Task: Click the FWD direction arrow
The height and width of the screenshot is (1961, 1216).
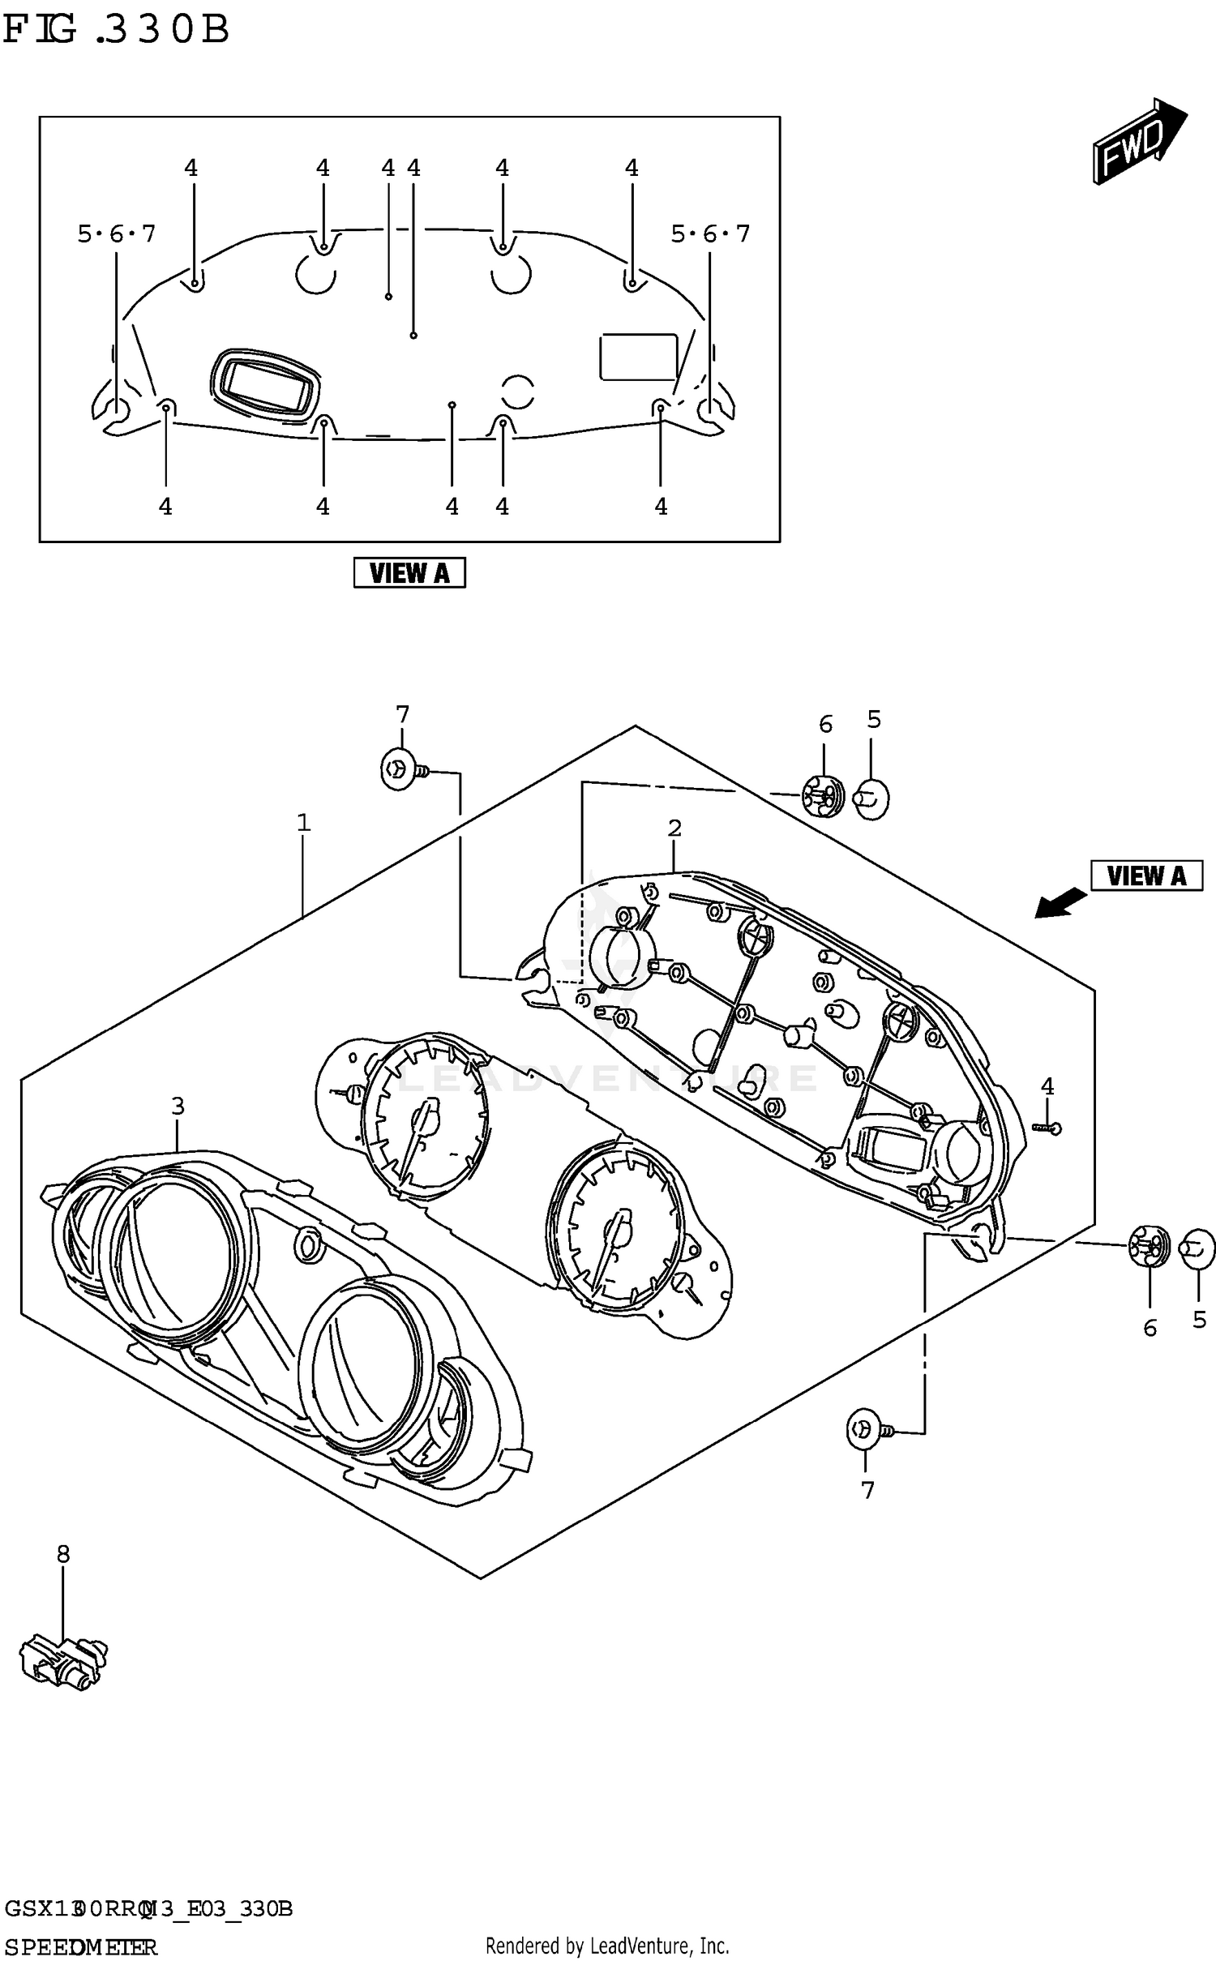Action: coord(1138,142)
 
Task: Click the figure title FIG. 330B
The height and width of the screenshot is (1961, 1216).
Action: coord(116,31)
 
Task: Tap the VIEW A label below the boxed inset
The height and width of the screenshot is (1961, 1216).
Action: coord(409,573)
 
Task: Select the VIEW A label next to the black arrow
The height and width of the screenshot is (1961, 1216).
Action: coord(1146,876)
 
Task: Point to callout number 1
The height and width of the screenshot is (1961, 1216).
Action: coord(303,823)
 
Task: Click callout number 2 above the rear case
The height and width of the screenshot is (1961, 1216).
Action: coord(674,828)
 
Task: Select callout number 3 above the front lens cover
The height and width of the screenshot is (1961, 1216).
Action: coord(178,1106)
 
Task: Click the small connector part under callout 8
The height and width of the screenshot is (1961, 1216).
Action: coord(63,1660)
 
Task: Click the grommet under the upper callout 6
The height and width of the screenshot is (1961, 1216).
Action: coord(823,796)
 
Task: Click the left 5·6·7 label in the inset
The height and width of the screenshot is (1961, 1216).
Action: coord(116,234)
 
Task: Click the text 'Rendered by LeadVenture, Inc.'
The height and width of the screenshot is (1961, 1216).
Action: coord(607,1946)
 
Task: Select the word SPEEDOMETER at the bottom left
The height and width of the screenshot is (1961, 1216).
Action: coord(81,1946)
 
